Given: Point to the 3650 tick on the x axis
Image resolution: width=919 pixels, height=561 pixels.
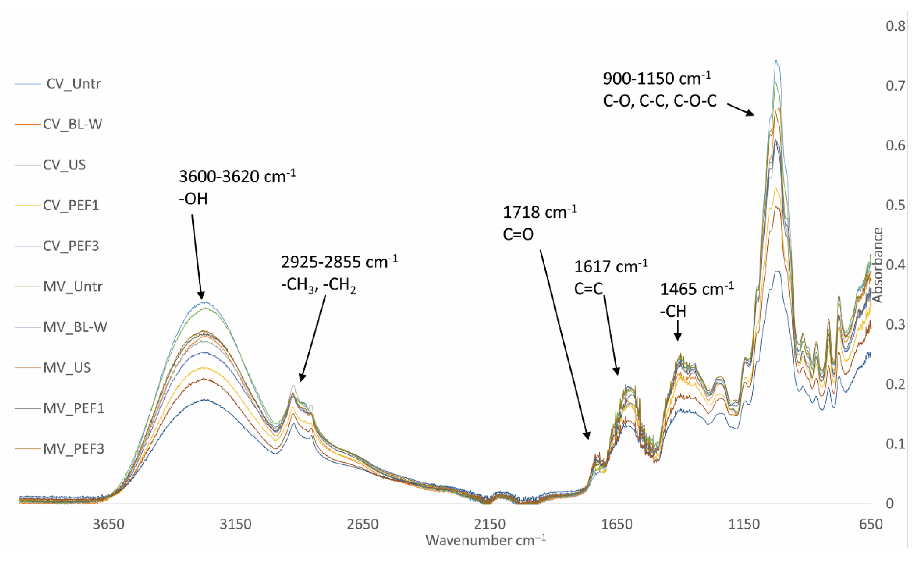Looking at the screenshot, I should pyautogui.click(x=108, y=524).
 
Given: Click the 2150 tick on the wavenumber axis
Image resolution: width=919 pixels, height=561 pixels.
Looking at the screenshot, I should pyautogui.click(x=490, y=524).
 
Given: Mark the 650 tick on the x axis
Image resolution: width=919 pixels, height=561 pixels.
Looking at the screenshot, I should pyautogui.click(x=870, y=524).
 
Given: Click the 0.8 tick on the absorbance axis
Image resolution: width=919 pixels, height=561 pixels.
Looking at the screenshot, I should pyautogui.click(x=895, y=26).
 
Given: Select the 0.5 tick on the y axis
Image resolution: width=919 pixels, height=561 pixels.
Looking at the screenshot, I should pyautogui.click(x=895, y=205).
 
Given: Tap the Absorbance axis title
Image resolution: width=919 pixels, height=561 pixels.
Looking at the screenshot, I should pyautogui.click(x=878, y=265).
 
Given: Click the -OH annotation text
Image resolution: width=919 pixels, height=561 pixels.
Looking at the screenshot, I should pyautogui.click(x=193, y=199).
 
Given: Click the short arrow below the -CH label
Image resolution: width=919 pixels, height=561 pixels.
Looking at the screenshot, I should pyautogui.click(x=678, y=330).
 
